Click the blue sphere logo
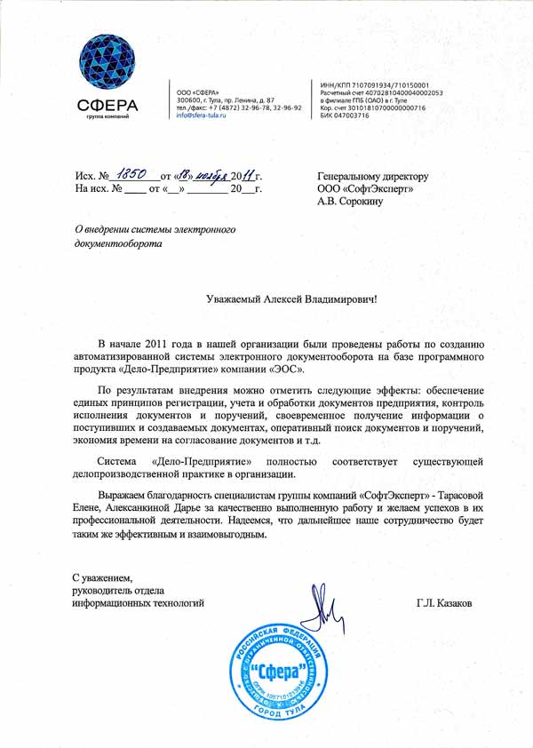(107, 63)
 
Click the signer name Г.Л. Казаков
(444, 602)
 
